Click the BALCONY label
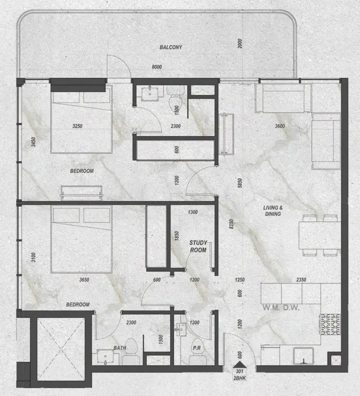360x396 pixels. click(x=171, y=47)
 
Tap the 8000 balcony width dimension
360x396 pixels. click(x=157, y=67)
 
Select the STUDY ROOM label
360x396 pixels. click(x=198, y=246)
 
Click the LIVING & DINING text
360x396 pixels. click(x=273, y=211)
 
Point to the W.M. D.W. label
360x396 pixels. click(x=281, y=307)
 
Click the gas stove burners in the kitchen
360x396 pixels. click(x=331, y=324)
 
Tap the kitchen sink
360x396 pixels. click(x=304, y=356)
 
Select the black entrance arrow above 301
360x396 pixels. click(x=239, y=364)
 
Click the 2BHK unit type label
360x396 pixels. click(x=240, y=378)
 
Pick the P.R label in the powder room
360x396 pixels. click(x=197, y=348)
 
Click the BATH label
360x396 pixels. click(x=120, y=348)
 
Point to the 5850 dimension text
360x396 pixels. click(x=240, y=183)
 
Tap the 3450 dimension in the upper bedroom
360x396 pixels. click(x=33, y=142)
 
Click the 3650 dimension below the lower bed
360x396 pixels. click(x=84, y=280)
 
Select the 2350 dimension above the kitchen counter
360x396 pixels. click(x=301, y=280)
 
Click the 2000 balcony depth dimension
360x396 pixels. click(x=240, y=43)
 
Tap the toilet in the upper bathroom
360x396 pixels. click(x=176, y=98)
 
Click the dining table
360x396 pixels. click(x=320, y=236)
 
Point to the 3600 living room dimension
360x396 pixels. click(x=280, y=126)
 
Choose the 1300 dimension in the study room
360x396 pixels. click(x=193, y=212)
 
